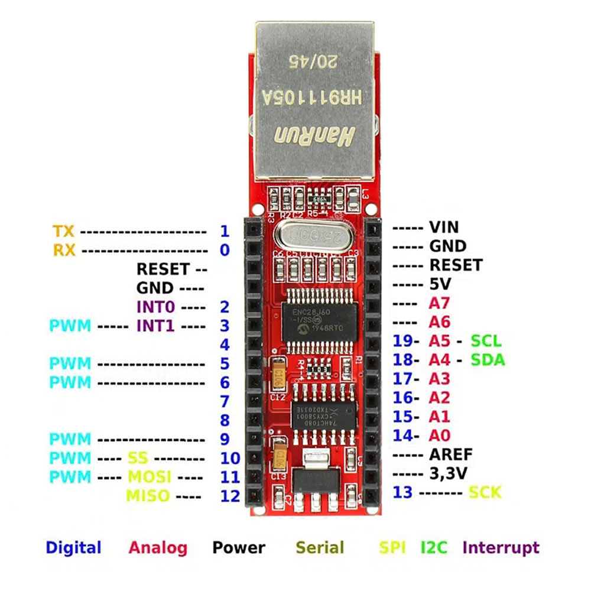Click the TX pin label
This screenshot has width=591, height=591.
coord(63,231)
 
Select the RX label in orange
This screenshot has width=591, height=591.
coord(64,250)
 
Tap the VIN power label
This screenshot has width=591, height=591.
coord(444,227)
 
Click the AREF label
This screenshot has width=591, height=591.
coord(451,454)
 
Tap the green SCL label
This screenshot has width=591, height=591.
coord(486,341)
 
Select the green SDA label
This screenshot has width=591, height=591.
coord(488,360)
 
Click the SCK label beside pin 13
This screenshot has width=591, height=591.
coord(485,492)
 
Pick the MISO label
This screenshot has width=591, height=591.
coord(148,496)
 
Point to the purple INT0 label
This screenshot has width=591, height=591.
coord(155,307)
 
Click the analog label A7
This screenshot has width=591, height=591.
coord(440,303)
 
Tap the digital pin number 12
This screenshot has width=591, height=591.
coord(230,496)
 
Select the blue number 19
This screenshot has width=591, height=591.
coord(404,341)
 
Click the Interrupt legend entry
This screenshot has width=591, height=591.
coord(501,548)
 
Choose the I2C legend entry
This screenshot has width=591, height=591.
coord(434,548)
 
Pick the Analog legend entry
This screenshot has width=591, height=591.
coord(158,548)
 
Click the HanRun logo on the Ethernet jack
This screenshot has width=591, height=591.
coord(313,137)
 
